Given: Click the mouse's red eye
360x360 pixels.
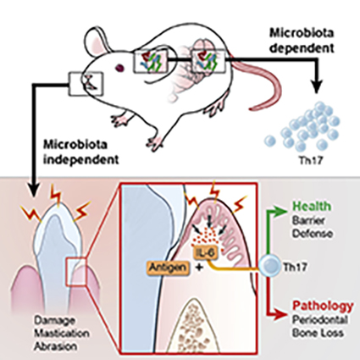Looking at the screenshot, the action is pos(120,68).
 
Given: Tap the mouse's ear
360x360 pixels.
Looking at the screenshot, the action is pos(97,42).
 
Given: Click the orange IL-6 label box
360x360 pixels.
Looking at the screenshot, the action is pos(206,252).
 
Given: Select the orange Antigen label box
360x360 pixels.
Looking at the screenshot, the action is pos(169,267).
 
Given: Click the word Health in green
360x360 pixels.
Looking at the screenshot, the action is pos(312,206).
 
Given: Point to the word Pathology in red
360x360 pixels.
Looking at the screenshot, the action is pos(323,305).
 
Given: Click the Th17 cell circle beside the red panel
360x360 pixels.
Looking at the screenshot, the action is pos(269,267).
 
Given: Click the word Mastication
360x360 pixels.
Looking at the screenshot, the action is pos(62,333).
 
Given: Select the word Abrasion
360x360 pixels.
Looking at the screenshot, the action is pos(55,346).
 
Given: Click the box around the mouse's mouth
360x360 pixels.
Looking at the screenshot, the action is pos(86,84).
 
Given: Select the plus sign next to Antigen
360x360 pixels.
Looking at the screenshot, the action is pos(199,267).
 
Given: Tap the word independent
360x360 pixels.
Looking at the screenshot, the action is pos(80,160).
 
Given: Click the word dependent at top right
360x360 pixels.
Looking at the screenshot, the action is pos(302,48).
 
